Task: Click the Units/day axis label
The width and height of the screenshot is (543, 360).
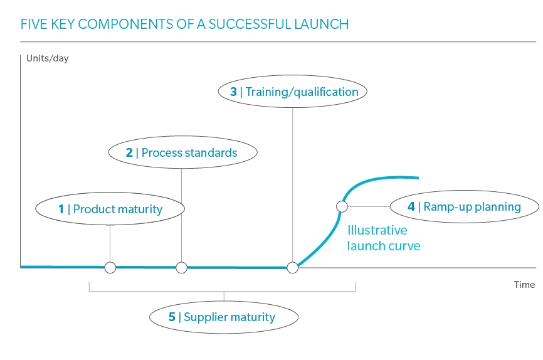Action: pyautogui.click(x=47, y=59)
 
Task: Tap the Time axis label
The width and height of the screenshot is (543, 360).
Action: pyautogui.click(x=524, y=284)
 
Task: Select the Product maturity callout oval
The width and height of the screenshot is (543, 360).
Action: pyautogui.click(x=110, y=209)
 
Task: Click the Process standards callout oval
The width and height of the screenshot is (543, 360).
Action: pyautogui.click(x=182, y=152)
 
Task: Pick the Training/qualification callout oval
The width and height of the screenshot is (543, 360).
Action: pyautogui.click(x=293, y=92)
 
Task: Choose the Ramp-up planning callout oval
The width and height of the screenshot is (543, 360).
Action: pyautogui.click(x=464, y=206)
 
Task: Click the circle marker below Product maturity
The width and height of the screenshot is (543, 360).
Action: pyautogui.click(x=110, y=268)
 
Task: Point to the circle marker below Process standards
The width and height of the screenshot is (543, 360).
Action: pyautogui.click(x=181, y=268)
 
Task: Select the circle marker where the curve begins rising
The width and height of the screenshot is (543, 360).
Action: pyautogui.click(x=292, y=268)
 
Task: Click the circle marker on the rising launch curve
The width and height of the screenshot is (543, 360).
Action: pyautogui.click(x=342, y=206)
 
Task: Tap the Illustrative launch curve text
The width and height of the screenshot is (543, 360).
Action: pyautogui.click(x=383, y=238)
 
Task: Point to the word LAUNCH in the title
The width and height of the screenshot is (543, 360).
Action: pyautogui.click(x=325, y=24)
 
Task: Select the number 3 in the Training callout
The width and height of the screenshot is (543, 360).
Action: pyautogui.click(x=233, y=92)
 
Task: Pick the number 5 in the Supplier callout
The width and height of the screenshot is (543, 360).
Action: pyautogui.click(x=171, y=317)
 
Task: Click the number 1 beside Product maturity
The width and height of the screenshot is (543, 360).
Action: pyautogui.click(x=61, y=209)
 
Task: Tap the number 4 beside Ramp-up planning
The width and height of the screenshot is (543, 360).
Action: pyautogui.click(x=411, y=207)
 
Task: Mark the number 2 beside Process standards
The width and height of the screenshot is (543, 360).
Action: pyautogui.click(x=129, y=152)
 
